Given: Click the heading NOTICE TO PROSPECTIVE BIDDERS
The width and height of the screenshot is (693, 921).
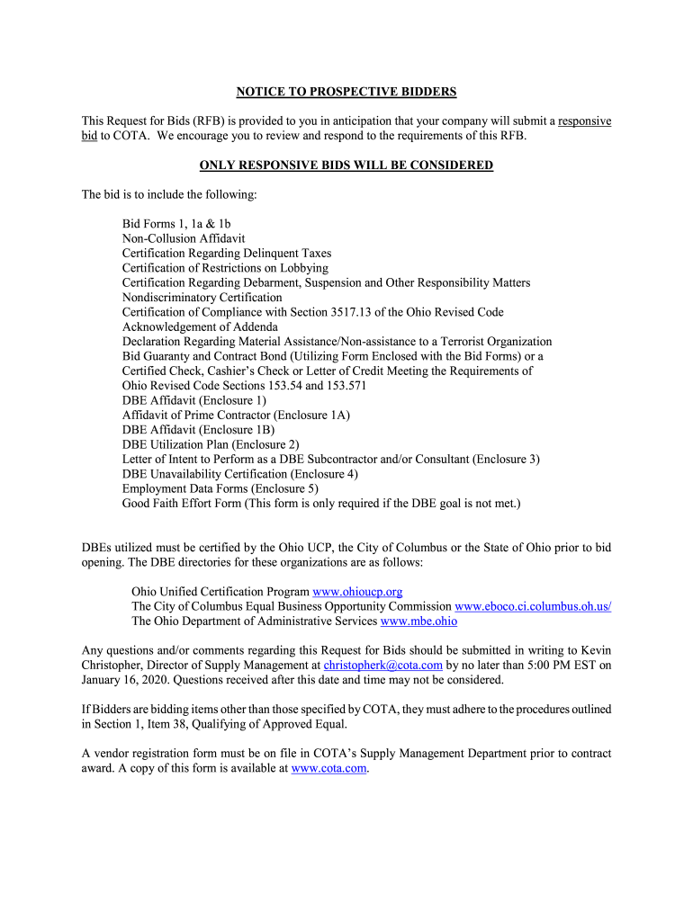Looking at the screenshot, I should pos(346,92).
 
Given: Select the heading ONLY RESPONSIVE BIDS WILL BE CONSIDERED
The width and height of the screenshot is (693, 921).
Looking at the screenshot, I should pos(346,165).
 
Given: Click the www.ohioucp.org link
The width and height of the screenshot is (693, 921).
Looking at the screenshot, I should pos(357,592).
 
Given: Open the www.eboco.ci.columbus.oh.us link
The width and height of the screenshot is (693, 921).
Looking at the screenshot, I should pos(533,606).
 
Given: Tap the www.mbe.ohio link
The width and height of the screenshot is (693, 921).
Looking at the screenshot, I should pos(418,621).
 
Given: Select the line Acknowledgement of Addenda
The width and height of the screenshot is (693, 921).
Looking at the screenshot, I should pos(200,326).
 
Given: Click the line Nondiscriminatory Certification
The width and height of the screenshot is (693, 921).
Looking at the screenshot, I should pos(202,297).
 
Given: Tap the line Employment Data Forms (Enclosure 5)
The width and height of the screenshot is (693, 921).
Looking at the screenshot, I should pos(220,488).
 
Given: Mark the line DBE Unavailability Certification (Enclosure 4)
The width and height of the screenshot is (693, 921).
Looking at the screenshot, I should pos(240,474).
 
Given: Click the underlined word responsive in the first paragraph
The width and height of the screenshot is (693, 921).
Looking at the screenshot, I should pos(585,121).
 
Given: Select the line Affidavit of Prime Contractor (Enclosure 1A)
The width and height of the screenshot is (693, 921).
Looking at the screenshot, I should pos(236,415).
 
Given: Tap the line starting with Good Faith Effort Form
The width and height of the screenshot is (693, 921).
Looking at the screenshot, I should pos(321,503).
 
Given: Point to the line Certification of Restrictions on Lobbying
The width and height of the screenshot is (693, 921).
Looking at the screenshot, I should pos(225,268).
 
